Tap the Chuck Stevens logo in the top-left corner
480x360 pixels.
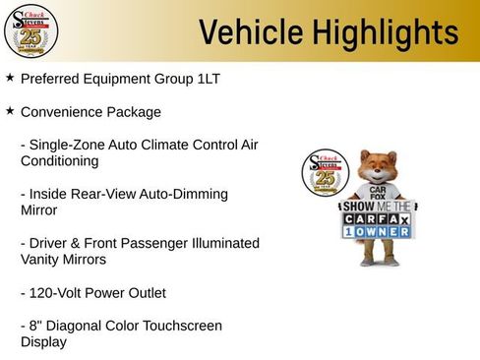point(30,30)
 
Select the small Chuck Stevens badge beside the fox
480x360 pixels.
point(324,174)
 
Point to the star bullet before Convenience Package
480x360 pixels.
point(10,111)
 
